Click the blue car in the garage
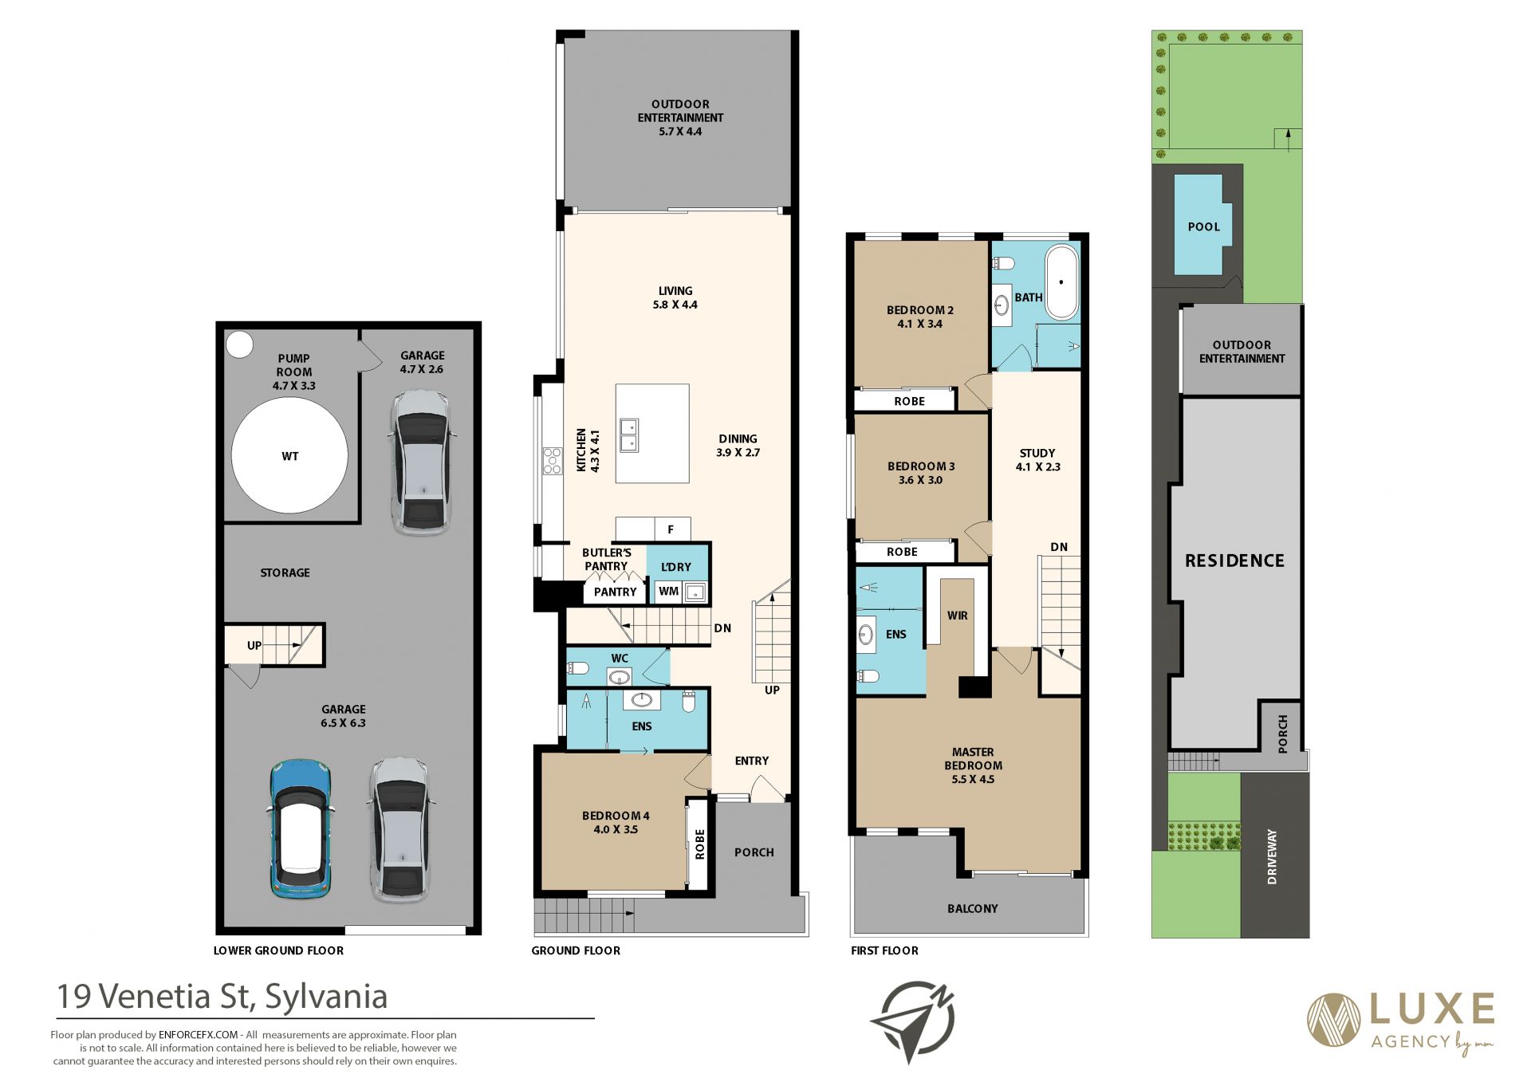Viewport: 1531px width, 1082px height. click(300, 829)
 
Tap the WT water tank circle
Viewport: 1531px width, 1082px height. click(289, 455)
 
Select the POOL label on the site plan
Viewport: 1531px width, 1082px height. click(1203, 226)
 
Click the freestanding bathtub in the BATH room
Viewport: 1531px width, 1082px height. click(1061, 282)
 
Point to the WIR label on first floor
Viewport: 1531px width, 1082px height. click(957, 616)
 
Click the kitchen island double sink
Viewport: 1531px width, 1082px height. click(629, 435)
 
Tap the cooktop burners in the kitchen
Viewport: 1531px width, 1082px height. click(552, 461)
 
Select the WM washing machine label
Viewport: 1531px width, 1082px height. click(668, 591)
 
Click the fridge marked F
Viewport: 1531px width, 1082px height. click(671, 529)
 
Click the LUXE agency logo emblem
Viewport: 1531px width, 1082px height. click(1333, 1020)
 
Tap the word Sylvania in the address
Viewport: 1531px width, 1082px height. click(325, 997)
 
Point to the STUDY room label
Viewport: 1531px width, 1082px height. click(1037, 453)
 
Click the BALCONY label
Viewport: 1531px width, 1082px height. click(972, 908)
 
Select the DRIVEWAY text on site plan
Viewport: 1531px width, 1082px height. click(1272, 856)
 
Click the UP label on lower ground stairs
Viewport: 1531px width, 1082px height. click(254, 645)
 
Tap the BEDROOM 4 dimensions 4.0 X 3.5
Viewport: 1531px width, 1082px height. click(616, 829)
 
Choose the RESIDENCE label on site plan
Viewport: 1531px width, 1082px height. click(1234, 561)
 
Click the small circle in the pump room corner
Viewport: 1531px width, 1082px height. click(239, 344)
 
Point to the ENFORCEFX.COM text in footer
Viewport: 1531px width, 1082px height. click(198, 1035)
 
